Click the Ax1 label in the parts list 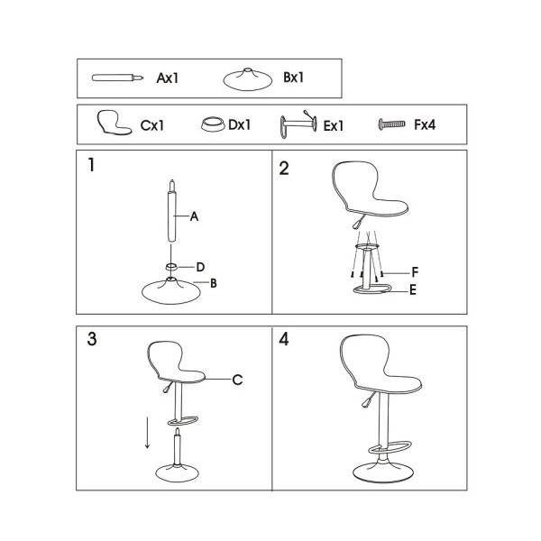click(x=168, y=78)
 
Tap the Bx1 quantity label click(x=294, y=78)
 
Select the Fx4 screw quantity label click(x=425, y=124)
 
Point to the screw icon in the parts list click(x=391, y=124)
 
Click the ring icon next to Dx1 click(x=213, y=124)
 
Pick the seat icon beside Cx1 click(x=114, y=122)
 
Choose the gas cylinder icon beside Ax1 click(x=117, y=78)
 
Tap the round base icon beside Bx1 click(x=245, y=79)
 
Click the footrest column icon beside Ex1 click(x=298, y=124)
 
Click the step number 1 click(x=91, y=165)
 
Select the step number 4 click(x=284, y=339)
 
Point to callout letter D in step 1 click(x=200, y=267)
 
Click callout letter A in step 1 click(x=194, y=216)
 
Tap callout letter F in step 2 click(x=415, y=272)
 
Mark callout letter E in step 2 click(x=413, y=290)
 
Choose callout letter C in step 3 click(x=237, y=380)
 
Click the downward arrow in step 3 click(x=147, y=433)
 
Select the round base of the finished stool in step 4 click(x=383, y=472)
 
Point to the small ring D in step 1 click(x=171, y=266)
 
